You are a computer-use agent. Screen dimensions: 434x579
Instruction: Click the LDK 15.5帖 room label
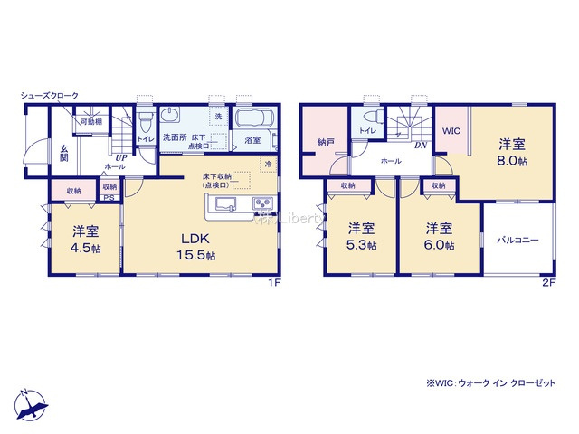196,246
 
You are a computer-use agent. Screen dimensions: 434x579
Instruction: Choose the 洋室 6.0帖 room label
441,237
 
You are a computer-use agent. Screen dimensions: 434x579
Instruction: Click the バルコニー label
517,241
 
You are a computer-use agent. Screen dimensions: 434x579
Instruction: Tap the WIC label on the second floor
451,131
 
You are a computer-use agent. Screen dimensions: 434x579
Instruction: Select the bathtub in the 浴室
252,120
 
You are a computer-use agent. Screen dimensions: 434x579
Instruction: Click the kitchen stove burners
262,203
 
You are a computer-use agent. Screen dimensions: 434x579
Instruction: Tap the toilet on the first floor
146,123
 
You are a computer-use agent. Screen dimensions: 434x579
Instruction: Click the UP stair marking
119,157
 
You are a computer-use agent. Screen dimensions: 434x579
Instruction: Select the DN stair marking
420,145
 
